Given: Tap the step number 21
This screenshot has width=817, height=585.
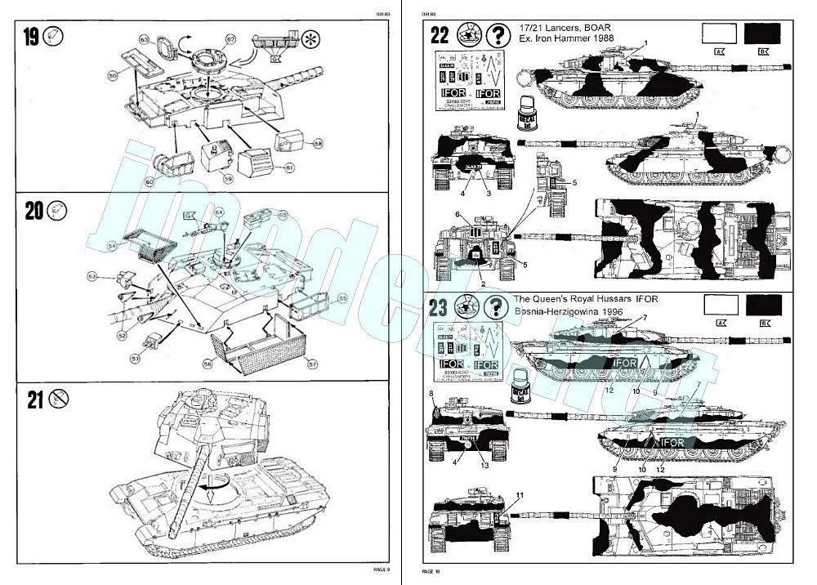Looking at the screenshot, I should tap(33, 400).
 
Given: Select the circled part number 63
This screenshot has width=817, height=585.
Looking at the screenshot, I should tap(144, 38).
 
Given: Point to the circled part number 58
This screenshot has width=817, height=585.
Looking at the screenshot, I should tap(318, 143).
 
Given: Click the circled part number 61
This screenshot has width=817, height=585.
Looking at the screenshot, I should tap(289, 167).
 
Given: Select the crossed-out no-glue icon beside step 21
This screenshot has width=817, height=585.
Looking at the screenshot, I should tap(58, 399).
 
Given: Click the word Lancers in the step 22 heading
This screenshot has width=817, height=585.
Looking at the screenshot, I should tap(556, 28).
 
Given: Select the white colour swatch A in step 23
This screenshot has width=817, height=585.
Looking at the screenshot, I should tap(720, 306).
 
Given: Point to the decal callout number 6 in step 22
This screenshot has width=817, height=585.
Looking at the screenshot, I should tap(458, 214).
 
